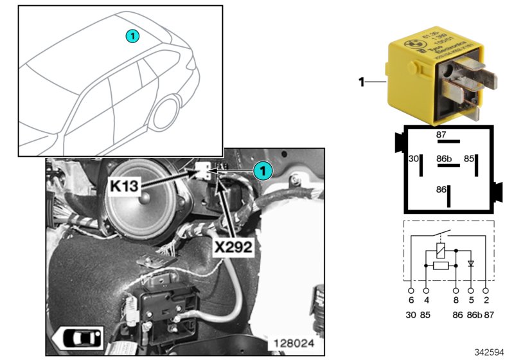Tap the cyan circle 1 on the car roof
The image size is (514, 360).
(x=131, y=37)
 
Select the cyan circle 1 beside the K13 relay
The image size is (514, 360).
(x=261, y=170)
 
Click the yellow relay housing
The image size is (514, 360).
(x=431, y=77)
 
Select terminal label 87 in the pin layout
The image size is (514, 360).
(x=441, y=135)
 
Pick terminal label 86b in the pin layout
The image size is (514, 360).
(x=444, y=157)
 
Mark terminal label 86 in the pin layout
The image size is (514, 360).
(x=440, y=190)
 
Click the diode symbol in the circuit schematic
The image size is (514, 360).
(x=471, y=264)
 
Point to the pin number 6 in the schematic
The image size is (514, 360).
(x=409, y=300)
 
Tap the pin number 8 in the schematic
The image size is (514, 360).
(x=455, y=300)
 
